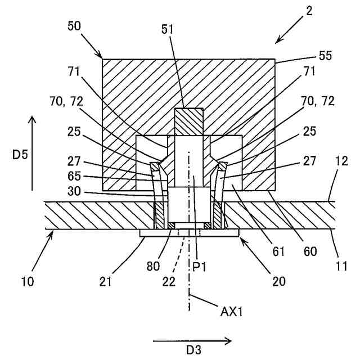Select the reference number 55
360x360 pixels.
[325, 56]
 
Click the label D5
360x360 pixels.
[19, 154]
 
